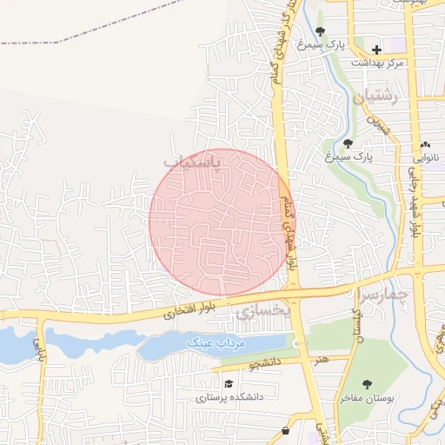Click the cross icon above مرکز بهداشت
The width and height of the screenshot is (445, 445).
(x=376, y=50)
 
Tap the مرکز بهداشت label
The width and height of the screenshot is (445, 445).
(x=377, y=63)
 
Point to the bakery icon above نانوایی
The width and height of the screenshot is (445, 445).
(x=425, y=144)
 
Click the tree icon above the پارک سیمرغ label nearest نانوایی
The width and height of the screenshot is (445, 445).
(x=348, y=143)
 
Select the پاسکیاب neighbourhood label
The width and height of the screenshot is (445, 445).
(x=193, y=162)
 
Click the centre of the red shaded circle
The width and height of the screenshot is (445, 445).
(x=222, y=222)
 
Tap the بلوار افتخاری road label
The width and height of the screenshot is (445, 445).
(x=188, y=309)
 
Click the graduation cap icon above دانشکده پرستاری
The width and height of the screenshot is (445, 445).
(x=229, y=383)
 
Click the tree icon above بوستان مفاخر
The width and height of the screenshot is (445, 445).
(x=366, y=383)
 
